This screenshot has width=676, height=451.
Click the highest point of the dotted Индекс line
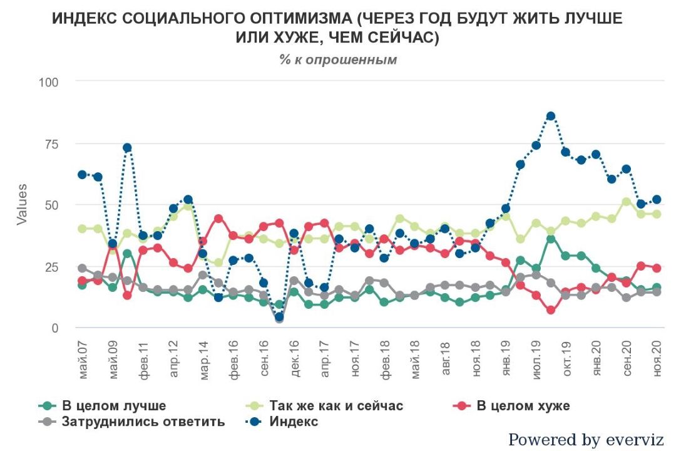coord(551,116)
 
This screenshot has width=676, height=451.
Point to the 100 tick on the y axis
coord(49,81)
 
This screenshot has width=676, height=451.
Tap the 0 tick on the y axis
coord(56,328)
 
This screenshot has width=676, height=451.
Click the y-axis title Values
coord(22,205)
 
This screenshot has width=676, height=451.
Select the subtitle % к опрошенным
coord(338,60)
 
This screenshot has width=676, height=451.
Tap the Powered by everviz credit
coord(586,440)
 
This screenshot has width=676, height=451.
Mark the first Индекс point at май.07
coord(83,174)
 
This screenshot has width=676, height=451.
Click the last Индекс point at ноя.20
coord(657,200)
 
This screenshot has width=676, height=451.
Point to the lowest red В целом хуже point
coord(551,310)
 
